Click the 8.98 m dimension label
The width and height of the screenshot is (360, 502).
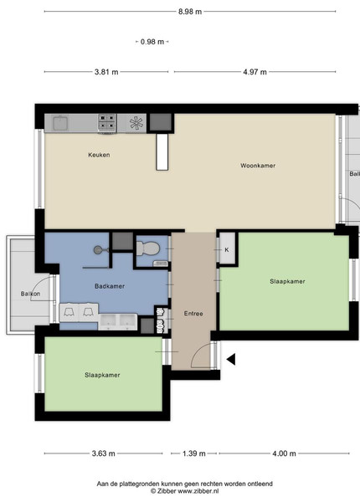(x=190, y=12)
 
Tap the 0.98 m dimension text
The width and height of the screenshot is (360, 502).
(x=152, y=42)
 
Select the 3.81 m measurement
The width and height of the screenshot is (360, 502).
(x=106, y=72)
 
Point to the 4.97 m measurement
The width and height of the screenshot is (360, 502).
(x=255, y=72)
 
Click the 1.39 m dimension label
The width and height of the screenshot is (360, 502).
(x=193, y=453)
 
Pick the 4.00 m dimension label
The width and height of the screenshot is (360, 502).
(x=284, y=453)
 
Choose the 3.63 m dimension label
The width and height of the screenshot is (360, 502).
(x=104, y=453)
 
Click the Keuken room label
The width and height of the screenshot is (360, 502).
(x=99, y=155)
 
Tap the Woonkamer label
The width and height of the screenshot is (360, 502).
(x=258, y=166)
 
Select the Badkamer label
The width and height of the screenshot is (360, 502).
(x=110, y=286)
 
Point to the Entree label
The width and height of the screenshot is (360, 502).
(x=193, y=314)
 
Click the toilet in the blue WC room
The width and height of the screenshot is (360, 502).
(x=148, y=248)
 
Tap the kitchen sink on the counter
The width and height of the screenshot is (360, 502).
(x=60, y=123)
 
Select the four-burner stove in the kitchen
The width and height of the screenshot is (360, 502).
(x=107, y=123)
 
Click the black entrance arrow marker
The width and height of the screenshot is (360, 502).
(x=231, y=359)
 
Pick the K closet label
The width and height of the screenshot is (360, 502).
(x=227, y=249)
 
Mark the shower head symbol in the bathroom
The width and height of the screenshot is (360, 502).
(x=97, y=249)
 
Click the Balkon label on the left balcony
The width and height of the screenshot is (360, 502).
(x=30, y=294)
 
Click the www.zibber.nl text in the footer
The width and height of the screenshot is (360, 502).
(x=198, y=491)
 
